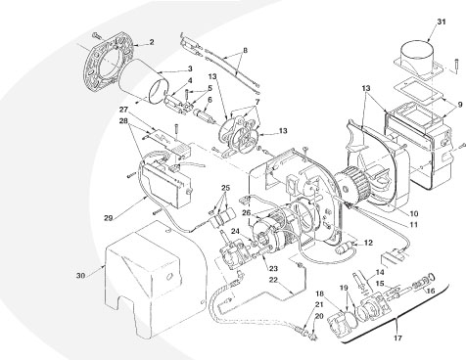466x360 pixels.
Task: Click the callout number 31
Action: pos(442,22)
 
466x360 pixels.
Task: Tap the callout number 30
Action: pos(82,275)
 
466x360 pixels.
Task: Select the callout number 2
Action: pos(151,43)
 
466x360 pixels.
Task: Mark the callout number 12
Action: pos(369,241)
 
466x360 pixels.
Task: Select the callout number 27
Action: pos(124,111)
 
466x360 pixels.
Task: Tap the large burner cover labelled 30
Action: pos(147,274)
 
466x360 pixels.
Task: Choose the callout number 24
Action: pos(235,232)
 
